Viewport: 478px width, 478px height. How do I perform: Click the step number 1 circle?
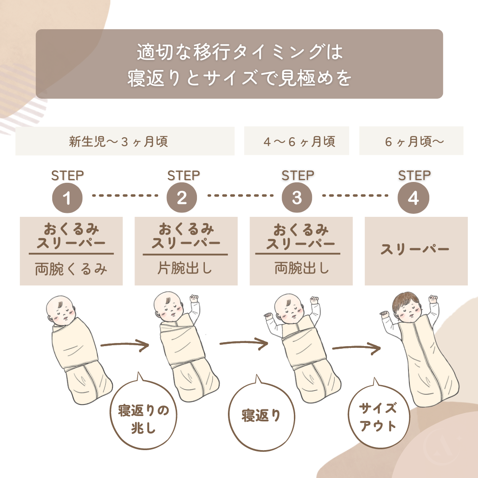pos(67,197)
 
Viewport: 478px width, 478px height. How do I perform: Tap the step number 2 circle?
pos(182,197)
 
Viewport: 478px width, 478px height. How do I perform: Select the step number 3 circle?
pos(297,197)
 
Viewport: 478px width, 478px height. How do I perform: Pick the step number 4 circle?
pos(413,198)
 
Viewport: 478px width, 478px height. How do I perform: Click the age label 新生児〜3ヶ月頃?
pos(118,142)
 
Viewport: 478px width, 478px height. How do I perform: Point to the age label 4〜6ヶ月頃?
pos(300,142)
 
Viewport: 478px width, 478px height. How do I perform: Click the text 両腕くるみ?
pos(71,269)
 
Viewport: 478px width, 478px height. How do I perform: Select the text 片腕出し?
pos(185,268)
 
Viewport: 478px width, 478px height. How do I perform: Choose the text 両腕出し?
pos(301,268)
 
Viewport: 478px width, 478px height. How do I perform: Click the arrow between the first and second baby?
pos(124,345)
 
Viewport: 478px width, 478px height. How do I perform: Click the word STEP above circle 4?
pos(414,175)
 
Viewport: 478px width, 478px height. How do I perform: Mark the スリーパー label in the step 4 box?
pos(415,249)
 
